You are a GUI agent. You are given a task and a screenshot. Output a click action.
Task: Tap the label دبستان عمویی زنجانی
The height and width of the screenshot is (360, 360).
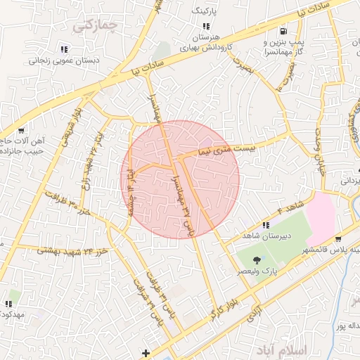click(x=64, y=61)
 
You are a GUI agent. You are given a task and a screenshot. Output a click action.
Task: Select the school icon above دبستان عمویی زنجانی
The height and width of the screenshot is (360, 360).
click(x=64, y=49)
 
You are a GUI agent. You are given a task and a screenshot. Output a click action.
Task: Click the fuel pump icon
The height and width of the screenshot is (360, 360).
click(x=283, y=32)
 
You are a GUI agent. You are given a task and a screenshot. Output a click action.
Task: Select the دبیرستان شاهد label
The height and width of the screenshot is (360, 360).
click(x=262, y=236)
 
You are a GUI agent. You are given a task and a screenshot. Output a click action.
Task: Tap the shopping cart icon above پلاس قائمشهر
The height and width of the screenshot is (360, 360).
click(x=338, y=239)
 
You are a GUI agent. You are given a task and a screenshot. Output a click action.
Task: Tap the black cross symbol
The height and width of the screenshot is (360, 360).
click(x=146, y=352)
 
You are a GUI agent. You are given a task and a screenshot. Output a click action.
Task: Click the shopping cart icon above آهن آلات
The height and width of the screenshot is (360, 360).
click(x=22, y=130)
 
